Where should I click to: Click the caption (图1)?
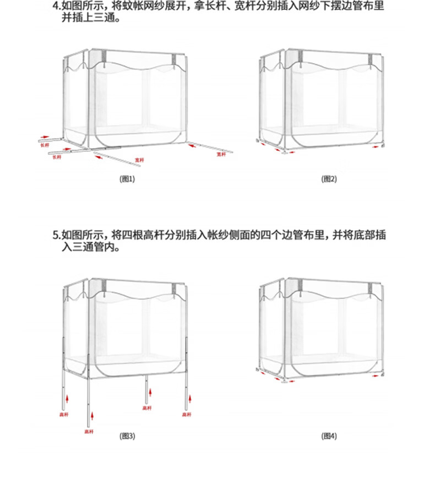[x=127, y=178]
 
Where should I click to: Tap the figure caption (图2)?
[x=329, y=178]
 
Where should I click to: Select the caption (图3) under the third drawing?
[x=127, y=436]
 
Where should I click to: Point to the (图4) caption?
[x=329, y=436]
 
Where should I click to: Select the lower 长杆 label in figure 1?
[x=57, y=157]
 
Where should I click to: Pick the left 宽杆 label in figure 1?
[x=139, y=160]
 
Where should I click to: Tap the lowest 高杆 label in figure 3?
[x=88, y=432]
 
